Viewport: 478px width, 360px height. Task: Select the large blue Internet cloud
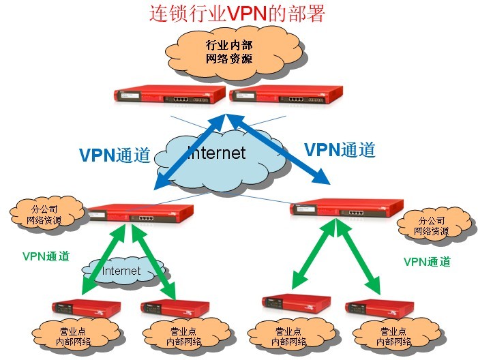(217, 155)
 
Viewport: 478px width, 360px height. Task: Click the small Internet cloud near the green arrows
(121, 271)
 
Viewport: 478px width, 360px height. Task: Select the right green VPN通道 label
(427, 261)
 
